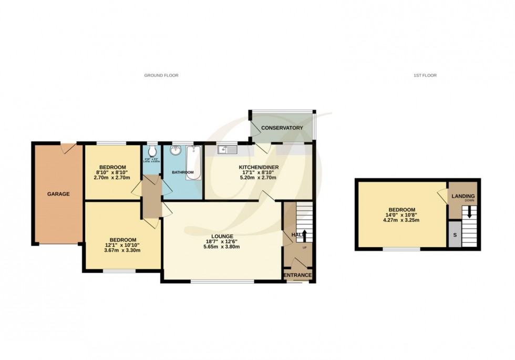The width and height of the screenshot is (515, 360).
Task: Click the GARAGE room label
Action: click(59, 194)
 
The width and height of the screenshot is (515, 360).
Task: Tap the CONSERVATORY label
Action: click(282, 128)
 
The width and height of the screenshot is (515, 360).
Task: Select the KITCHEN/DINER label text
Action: click(257, 168)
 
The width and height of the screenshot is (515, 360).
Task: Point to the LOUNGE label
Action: click(222, 236)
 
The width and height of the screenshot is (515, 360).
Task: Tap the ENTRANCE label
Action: click(298, 275)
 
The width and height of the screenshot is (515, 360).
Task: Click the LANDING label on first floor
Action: click(463, 196)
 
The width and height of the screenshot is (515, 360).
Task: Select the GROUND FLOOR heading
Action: click(161, 76)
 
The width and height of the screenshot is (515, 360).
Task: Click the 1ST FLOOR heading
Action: click(425, 76)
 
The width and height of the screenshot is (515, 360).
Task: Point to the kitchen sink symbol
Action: click(228, 150)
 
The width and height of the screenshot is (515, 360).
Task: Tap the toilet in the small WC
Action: click(152, 149)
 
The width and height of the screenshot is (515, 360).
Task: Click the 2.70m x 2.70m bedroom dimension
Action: click(111, 178)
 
